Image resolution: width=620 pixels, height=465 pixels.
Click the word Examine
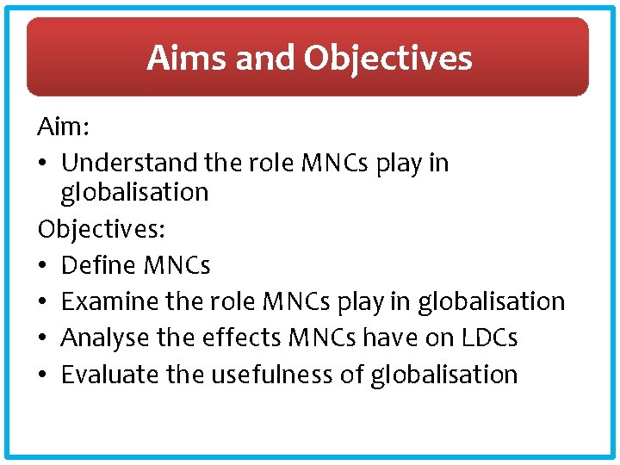pos(109,301)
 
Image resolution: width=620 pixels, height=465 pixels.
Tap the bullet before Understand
pos(43,163)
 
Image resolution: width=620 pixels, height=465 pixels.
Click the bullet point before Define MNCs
pos(43,265)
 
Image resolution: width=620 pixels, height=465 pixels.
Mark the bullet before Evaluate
pos(43,375)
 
